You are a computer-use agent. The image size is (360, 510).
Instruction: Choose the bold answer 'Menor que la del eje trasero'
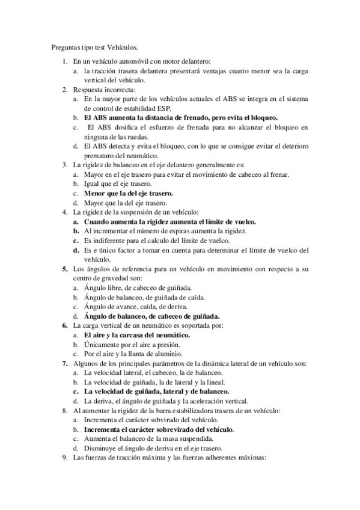(129, 193)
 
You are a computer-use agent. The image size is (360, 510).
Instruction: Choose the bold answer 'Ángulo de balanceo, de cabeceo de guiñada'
(152, 316)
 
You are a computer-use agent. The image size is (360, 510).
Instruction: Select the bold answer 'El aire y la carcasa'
(137, 334)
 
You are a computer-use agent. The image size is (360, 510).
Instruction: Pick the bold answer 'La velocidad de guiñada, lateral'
(157, 392)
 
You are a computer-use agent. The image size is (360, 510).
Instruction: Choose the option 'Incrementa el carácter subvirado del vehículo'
(151, 420)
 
